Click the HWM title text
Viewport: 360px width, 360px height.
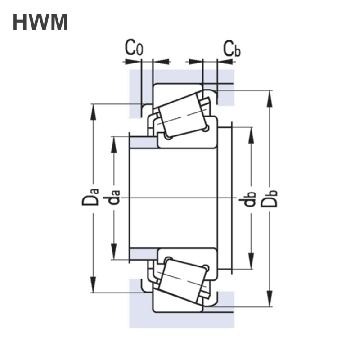click(x=40, y=22)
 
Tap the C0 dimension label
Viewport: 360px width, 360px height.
click(x=134, y=48)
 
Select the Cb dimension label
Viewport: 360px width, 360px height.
click(x=232, y=49)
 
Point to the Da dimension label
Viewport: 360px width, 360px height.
click(x=90, y=197)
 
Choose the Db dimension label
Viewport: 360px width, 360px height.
click(x=269, y=199)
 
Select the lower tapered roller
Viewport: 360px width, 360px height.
click(x=183, y=281)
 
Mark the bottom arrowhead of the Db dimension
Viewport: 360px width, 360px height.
click(x=270, y=298)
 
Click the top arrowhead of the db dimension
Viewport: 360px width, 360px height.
click(x=252, y=135)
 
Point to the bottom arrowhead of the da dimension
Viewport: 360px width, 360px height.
click(x=114, y=252)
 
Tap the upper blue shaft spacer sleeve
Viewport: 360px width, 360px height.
click(x=144, y=143)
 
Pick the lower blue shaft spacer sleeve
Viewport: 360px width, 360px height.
click(x=144, y=254)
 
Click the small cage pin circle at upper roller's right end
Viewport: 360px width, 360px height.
click(x=206, y=128)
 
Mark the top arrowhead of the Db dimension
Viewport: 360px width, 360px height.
click(x=270, y=99)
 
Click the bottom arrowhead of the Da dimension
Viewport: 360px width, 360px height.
click(x=93, y=285)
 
